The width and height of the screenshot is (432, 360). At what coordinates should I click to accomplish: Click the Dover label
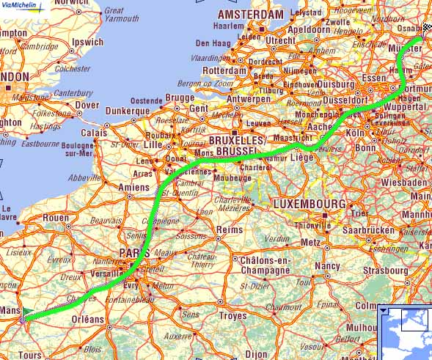click(x=87, y=106)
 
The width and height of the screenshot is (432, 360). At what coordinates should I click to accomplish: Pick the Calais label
click(x=93, y=133)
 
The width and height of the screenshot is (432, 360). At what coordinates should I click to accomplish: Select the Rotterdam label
click(x=223, y=70)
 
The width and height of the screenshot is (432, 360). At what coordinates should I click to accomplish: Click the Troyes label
click(x=233, y=316)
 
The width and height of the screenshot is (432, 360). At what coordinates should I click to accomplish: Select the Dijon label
click(x=256, y=354)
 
